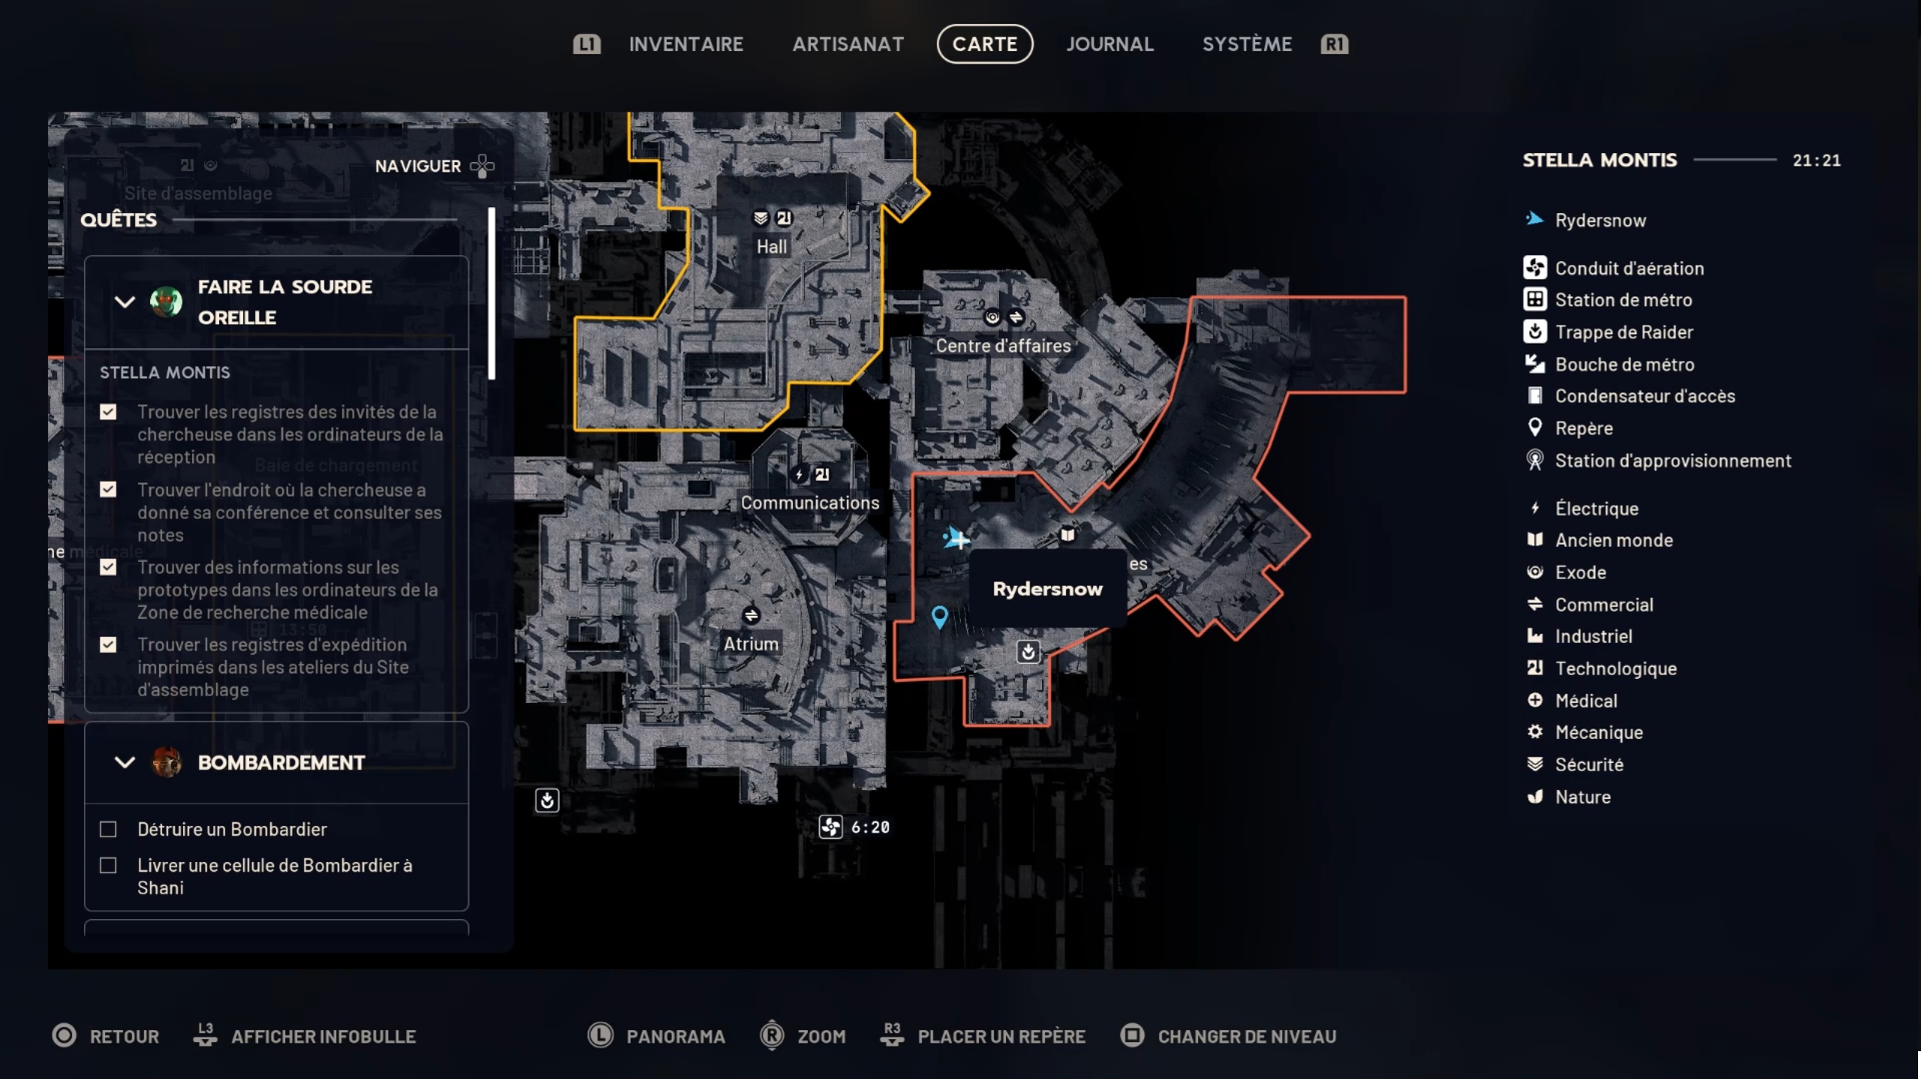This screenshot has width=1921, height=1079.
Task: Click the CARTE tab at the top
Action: pos(984,44)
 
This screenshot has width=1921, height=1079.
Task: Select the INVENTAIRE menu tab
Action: pos(685,44)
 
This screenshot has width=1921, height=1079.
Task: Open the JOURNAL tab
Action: pos(1110,44)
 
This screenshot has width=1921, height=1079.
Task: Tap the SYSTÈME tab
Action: pos(1247,44)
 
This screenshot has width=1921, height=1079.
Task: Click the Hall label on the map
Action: pos(772,247)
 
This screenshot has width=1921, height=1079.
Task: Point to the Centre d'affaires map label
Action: pos(1003,346)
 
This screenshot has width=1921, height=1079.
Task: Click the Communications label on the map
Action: pos(810,503)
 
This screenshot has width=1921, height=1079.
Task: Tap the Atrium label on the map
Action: pos(751,643)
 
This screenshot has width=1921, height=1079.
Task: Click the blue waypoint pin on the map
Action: pos(939,616)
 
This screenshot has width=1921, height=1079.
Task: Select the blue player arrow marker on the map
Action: pos(956,538)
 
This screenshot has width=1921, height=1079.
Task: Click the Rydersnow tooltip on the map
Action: pos(1047,589)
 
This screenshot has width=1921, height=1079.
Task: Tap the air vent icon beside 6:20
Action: pos(830,827)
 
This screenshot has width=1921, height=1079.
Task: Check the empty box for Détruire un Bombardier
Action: pos(108,829)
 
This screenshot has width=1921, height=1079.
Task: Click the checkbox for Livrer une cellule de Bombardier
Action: pos(108,866)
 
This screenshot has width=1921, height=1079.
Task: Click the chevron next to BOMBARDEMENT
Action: pos(125,763)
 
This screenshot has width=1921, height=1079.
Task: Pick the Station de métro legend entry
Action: pos(1623,300)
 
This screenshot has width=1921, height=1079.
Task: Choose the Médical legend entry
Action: pos(1585,701)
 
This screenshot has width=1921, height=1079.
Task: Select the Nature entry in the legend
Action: pos(1582,797)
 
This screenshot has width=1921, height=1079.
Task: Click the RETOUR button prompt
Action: pos(124,1036)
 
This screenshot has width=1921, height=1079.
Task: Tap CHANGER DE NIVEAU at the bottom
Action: pos(1246,1036)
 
